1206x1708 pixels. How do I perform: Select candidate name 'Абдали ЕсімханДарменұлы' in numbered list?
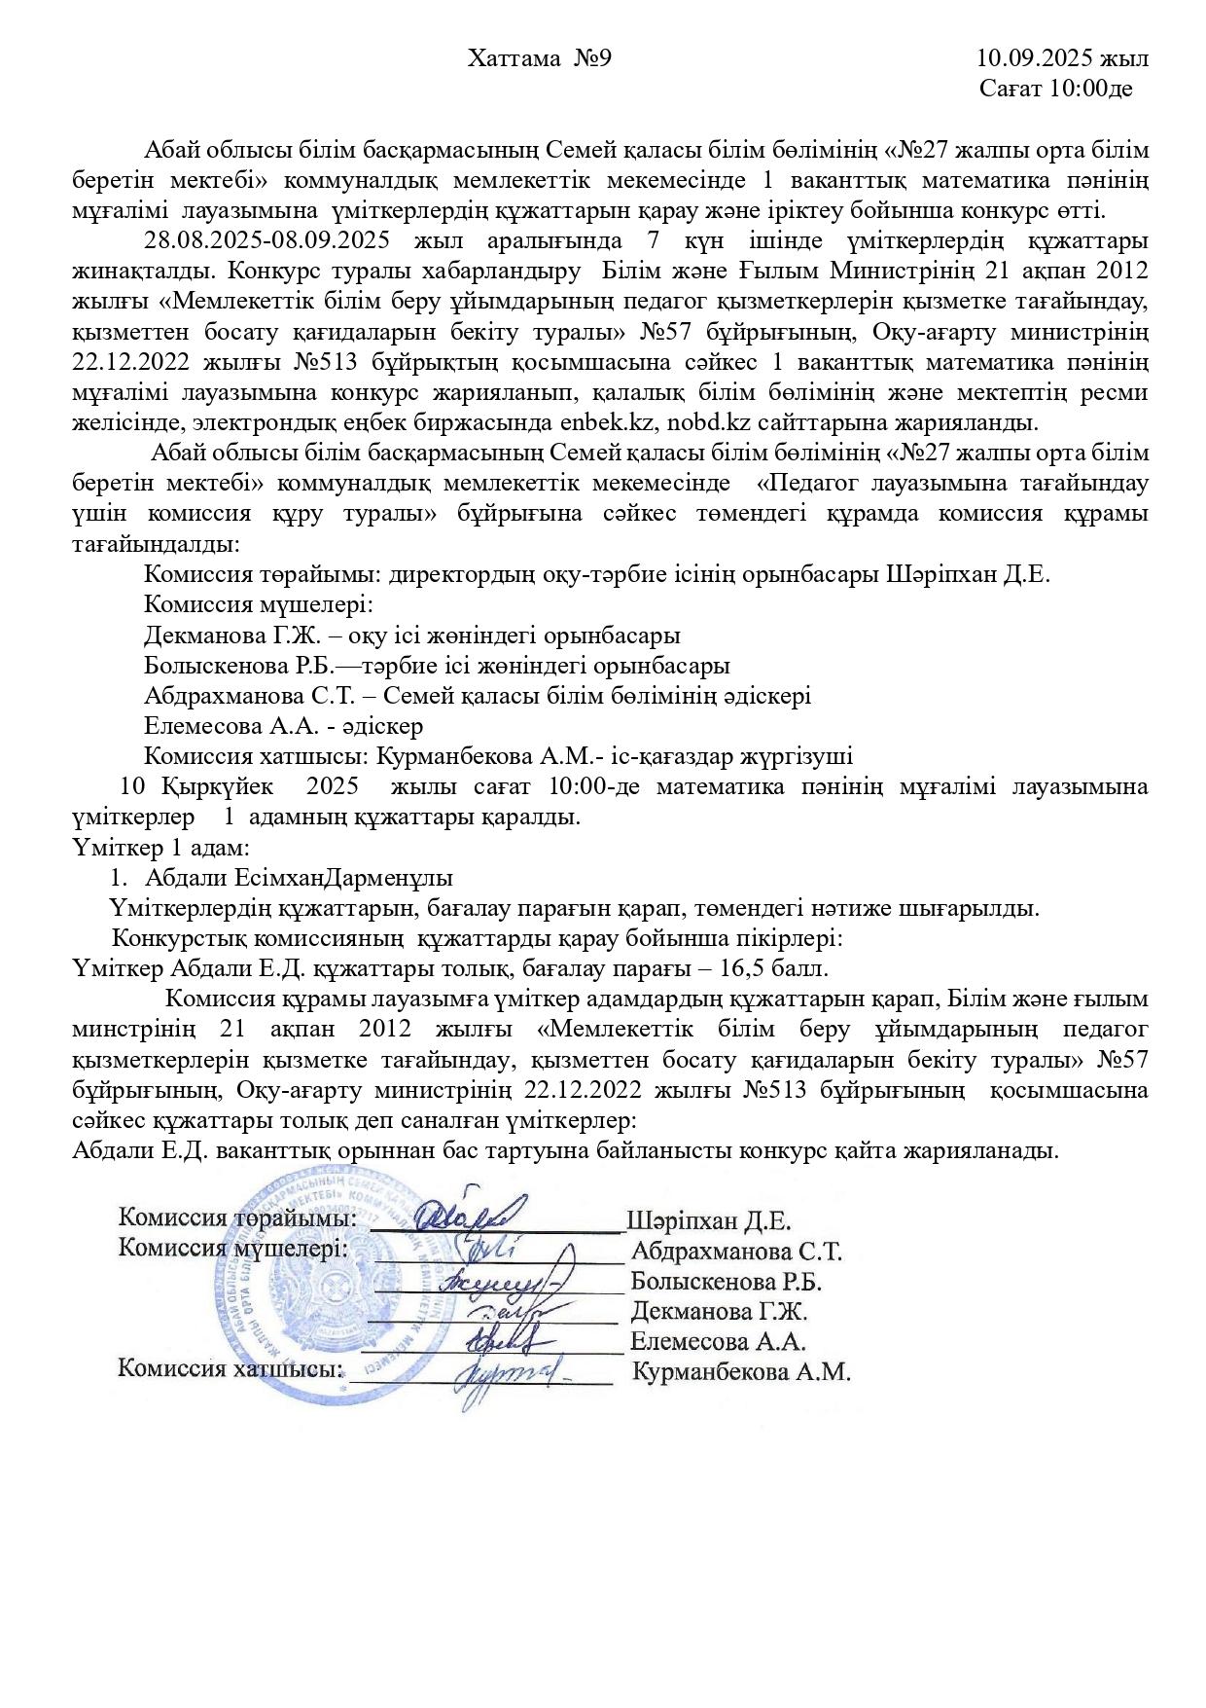click(x=299, y=878)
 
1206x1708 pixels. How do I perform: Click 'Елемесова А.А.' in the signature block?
click(x=718, y=1342)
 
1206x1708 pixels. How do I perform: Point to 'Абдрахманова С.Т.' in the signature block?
click(x=736, y=1252)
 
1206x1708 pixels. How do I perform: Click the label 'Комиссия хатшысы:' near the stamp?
click(x=231, y=1369)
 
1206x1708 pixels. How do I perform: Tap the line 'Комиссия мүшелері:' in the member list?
click(x=259, y=604)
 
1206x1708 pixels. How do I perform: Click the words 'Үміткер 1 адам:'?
click(x=162, y=847)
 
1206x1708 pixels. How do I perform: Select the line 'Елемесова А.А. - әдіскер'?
click(x=283, y=726)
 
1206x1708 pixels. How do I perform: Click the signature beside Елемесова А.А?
click(x=506, y=1343)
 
